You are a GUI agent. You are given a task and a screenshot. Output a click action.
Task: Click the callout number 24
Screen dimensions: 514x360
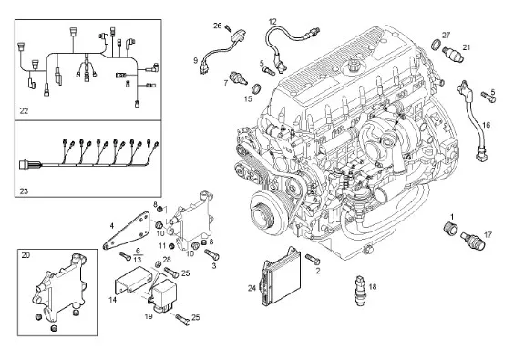pyautogui.click(x=252, y=289)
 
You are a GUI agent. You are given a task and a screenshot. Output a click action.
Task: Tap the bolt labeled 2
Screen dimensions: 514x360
pyautogui.click(x=313, y=260)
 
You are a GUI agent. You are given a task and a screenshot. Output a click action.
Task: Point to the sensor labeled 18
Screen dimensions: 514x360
pyautogui.click(x=361, y=291)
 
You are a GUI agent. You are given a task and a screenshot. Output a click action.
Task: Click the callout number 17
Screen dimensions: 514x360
pyautogui.click(x=488, y=235)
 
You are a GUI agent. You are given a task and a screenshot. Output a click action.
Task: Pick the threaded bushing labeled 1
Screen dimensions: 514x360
pyautogui.click(x=449, y=228)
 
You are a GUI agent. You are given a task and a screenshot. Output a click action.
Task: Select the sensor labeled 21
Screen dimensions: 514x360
pyautogui.click(x=453, y=55)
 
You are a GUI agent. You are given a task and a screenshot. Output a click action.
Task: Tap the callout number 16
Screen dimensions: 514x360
pyautogui.click(x=486, y=125)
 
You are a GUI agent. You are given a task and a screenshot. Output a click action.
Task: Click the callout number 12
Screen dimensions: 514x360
pyautogui.click(x=272, y=22)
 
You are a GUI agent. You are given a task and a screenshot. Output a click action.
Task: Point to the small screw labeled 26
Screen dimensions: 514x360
pyautogui.click(x=229, y=28)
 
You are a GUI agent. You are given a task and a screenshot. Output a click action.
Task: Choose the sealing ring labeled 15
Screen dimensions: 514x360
pyautogui.click(x=257, y=88)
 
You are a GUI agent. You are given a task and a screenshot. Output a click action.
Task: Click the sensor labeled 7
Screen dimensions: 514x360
pyautogui.click(x=238, y=77)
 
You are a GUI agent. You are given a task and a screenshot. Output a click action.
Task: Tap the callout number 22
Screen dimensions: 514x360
pyautogui.click(x=24, y=111)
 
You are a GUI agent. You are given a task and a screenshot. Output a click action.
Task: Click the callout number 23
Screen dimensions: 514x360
pyautogui.click(x=24, y=191)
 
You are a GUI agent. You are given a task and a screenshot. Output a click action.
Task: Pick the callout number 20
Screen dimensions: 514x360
pyautogui.click(x=26, y=255)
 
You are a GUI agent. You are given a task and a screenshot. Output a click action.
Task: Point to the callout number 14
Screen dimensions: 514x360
pyautogui.click(x=112, y=300)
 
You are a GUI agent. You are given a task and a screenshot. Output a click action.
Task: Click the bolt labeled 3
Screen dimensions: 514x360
pyautogui.click(x=211, y=254)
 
